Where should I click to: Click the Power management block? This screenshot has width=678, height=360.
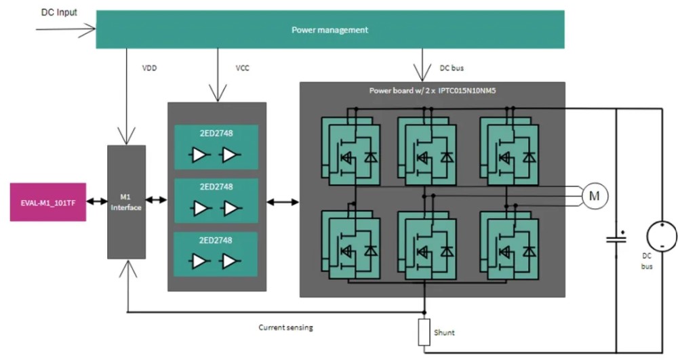330,29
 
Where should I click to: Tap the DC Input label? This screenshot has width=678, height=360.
59,12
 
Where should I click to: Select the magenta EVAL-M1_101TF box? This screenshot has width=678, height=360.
48,202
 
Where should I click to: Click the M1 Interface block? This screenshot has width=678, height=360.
126,202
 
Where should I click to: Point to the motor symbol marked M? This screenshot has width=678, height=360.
595,196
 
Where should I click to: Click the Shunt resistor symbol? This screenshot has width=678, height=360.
424,332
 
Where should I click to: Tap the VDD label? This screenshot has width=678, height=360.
149,68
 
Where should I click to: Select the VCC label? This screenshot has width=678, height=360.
243,68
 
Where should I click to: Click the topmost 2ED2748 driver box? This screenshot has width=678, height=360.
216,147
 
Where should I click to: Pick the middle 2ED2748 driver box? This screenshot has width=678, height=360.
216,201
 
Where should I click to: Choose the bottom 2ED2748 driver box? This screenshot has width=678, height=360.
216,254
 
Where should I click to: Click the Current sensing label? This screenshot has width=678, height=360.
286,327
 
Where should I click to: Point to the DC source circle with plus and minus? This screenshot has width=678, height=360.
662,237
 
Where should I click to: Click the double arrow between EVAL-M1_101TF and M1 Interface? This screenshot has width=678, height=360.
97,201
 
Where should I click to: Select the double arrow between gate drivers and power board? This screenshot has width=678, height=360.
283,202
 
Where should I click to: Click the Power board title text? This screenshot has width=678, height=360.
432,91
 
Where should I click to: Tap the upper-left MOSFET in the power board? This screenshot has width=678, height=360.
351,151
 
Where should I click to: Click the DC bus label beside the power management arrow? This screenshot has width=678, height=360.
452,68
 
